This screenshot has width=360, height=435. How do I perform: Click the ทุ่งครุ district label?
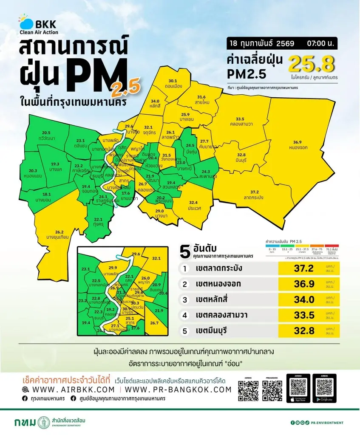pyautogui.click(x=99, y=224)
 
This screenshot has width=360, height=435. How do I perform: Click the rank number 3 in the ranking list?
pyautogui.click(x=185, y=299)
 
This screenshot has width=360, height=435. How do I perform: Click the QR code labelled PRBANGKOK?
pyautogui.click(x=272, y=391)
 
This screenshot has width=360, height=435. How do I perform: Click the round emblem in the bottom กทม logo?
pyautogui.click(x=42, y=423)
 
